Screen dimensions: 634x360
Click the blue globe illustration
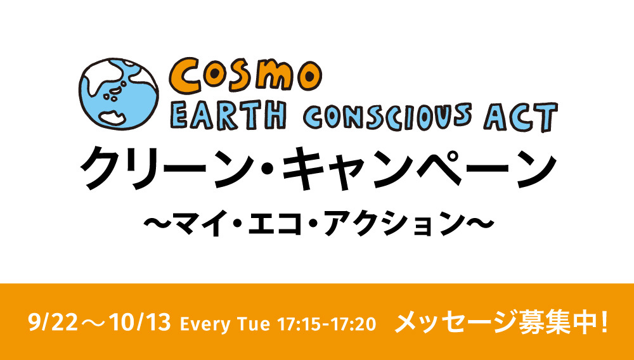coord(119,94)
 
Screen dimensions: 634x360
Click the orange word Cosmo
coord(245,75)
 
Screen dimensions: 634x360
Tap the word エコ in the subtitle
coord(275,222)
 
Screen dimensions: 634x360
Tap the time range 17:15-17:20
coord(327,324)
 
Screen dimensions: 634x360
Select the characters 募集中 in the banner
coord(557,323)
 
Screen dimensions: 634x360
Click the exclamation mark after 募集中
coord(604,323)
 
